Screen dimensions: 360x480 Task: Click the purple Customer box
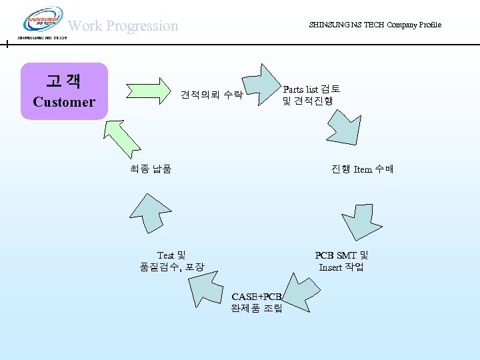pos(64,91)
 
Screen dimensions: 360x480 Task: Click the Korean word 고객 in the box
pos(64,81)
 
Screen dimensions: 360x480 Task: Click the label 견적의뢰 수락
pos(211,95)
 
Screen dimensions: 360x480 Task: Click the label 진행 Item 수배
pos(362,169)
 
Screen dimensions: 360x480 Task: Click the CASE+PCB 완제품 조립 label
pos(257,302)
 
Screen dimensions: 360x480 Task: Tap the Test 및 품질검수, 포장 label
pos(171,261)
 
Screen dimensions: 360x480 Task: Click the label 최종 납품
pos(151,169)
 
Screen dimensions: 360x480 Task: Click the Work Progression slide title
pos(123,26)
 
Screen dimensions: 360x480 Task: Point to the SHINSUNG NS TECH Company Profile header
pos(375,25)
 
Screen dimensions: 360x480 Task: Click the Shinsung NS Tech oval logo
pos(43,21)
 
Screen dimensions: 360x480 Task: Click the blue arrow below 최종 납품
pos(149,213)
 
